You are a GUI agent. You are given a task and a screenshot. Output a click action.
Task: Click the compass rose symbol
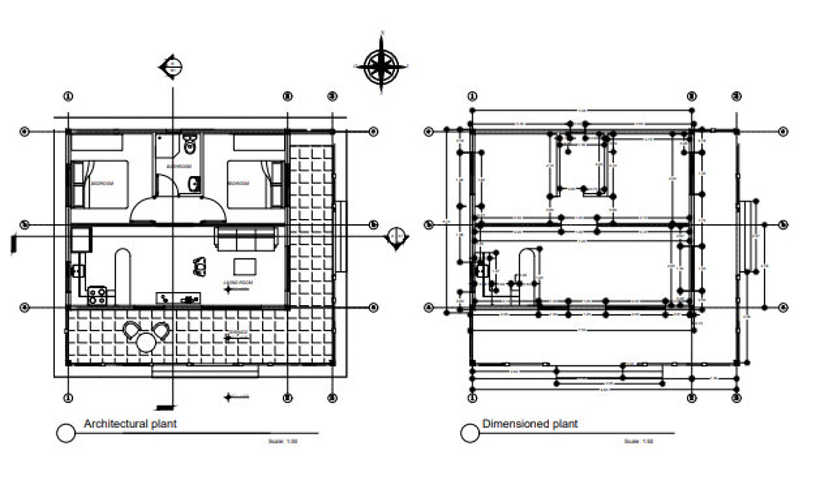381,66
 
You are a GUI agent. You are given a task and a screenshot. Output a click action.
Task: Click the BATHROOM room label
179,166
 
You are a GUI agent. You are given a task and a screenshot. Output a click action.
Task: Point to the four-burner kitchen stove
97,296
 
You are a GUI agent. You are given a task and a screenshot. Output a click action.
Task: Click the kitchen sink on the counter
77,271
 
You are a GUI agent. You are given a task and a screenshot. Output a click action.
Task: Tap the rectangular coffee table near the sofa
245,267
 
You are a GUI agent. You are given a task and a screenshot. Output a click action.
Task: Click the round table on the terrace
146,343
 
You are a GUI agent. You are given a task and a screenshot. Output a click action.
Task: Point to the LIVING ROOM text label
238,283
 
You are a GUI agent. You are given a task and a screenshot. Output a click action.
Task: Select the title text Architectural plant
130,423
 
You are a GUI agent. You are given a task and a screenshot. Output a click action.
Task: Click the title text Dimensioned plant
530,423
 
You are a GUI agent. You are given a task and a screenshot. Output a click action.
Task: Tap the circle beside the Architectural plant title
66,433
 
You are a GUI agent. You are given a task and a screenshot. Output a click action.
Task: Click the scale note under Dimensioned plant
638,441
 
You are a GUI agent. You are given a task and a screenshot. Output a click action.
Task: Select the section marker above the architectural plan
172,67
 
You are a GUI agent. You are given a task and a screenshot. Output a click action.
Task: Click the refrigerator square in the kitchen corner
81,239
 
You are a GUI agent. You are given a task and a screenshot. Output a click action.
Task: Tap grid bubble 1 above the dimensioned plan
472,97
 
